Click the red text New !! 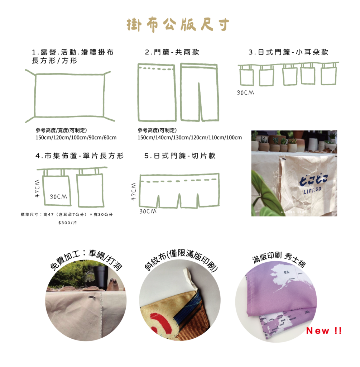click(324, 331)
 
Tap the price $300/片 click(68, 223)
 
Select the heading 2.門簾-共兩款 click(172, 52)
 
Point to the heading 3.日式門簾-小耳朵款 click(288, 52)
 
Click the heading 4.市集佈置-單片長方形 click(80, 156)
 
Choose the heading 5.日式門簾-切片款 click(180, 156)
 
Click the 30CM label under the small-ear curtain click(245, 93)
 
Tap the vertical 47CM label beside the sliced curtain click(134, 191)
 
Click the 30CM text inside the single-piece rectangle click(58, 197)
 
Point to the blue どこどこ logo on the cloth click(314, 181)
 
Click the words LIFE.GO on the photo click(312, 191)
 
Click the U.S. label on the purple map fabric click(287, 272)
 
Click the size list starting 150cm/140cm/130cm click(189, 138)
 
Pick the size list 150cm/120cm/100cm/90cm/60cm click(76, 138)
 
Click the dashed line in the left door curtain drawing click(157, 69)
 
